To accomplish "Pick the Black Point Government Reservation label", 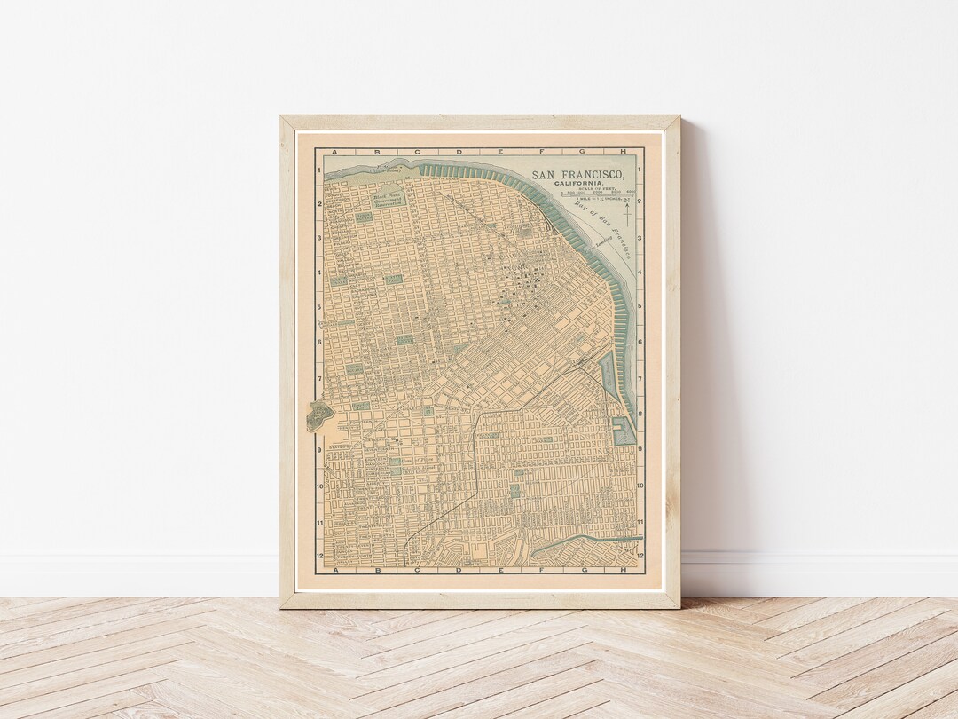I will (388, 199).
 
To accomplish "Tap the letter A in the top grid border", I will (338, 152).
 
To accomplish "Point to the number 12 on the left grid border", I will (319, 556).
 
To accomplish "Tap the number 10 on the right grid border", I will (641, 486).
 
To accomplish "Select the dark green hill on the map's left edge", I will (317, 415).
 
